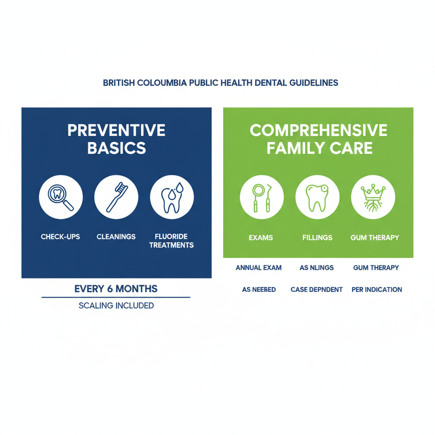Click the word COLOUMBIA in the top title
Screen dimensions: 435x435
[161, 83]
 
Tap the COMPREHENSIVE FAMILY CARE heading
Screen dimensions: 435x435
[319, 138]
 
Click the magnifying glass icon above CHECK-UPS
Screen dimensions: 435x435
[61, 198]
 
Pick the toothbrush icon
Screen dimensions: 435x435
[116, 198]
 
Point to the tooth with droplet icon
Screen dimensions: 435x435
[172, 198]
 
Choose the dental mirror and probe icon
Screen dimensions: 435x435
[261, 198]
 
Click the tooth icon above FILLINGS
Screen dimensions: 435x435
[317, 198]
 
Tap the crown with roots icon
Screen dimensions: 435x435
[373, 198]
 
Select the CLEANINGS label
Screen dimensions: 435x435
[116, 237]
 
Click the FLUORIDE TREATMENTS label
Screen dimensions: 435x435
[172, 241]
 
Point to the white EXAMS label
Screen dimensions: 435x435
[261, 238]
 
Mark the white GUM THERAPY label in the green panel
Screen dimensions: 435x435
[375, 238]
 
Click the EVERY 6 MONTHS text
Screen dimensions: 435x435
[116, 289]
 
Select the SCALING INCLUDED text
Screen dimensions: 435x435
[116, 305]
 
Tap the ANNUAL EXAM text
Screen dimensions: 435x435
[259, 268]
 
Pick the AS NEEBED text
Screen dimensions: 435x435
[259, 290]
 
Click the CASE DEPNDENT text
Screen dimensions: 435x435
[316, 290]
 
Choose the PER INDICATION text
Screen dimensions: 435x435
[377, 290]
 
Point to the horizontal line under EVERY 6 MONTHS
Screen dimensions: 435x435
[116, 297]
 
